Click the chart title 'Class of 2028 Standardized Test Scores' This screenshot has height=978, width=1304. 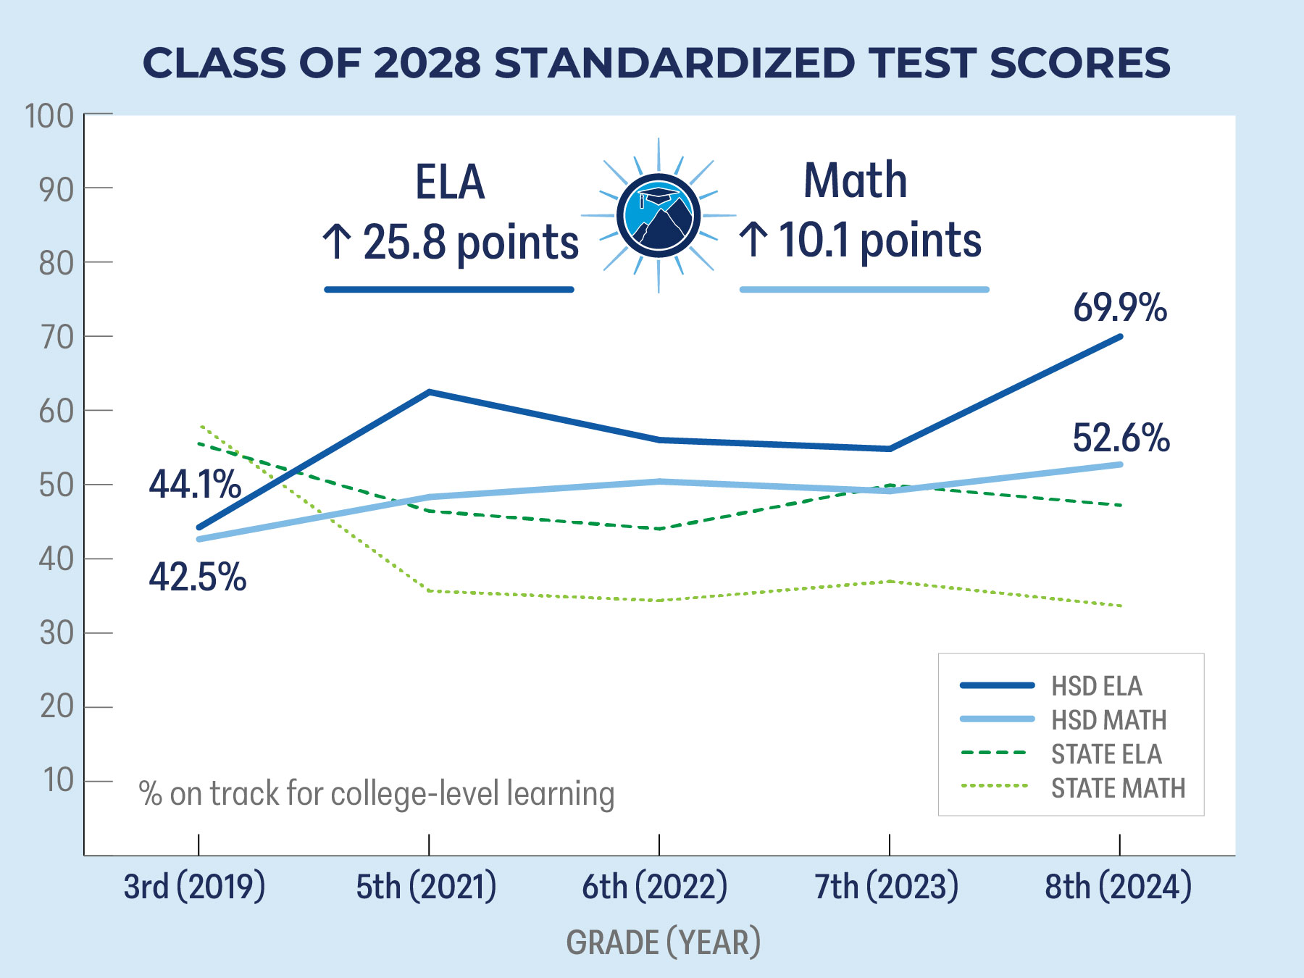tap(656, 63)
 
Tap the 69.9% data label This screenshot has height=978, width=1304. tap(1119, 307)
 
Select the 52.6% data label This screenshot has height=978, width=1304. tap(1120, 438)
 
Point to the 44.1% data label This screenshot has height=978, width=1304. tap(195, 484)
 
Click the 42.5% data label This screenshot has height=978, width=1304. tap(197, 577)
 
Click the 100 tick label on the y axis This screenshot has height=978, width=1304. tap(49, 116)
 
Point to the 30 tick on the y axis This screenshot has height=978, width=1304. tap(57, 633)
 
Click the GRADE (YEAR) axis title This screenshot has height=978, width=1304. tap(663, 943)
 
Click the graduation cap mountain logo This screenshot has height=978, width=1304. tap(659, 215)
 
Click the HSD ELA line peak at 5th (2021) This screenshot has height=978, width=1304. tap(429, 392)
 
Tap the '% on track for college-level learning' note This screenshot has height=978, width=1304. tap(377, 794)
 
